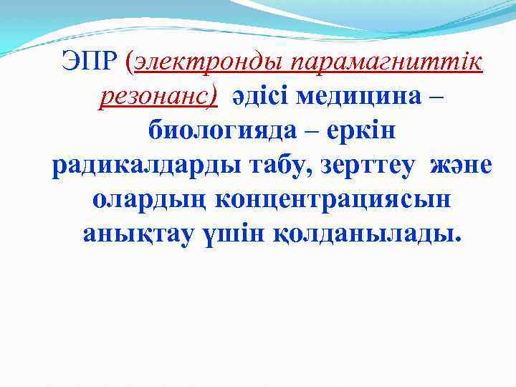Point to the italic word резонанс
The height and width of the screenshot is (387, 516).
[x=157, y=97]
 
